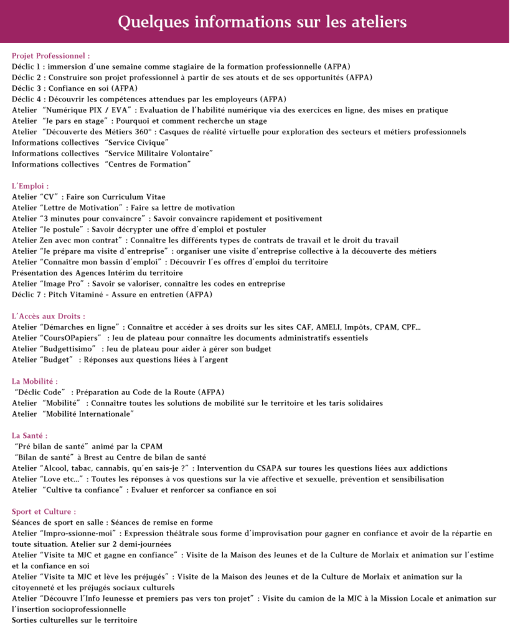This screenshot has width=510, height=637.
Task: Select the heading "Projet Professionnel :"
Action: click(51, 55)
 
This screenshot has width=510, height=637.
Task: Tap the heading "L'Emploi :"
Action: click(31, 185)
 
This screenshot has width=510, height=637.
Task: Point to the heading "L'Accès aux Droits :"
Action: click(49, 316)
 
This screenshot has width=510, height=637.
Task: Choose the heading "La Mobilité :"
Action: click(35, 381)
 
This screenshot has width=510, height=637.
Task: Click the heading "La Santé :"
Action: click(30, 435)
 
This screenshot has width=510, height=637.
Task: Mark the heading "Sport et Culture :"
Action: click(44, 511)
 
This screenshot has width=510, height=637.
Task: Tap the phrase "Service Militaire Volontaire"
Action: click(159, 153)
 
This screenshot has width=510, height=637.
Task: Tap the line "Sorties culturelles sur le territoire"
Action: click(75, 620)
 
